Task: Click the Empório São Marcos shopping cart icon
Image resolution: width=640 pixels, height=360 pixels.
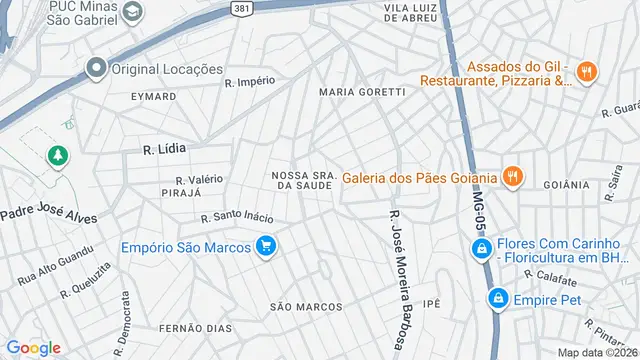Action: [265, 247]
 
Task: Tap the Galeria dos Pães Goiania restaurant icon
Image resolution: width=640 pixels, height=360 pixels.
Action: [512, 178]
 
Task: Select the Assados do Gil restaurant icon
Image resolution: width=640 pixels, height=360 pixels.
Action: [587, 72]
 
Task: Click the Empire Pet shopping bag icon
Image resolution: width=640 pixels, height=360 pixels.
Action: [497, 298]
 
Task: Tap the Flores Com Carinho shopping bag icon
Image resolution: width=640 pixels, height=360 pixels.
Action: [480, 249]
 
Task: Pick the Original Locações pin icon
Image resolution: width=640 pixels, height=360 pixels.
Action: [97, 69]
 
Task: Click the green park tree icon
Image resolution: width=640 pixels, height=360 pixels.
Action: [57, 156]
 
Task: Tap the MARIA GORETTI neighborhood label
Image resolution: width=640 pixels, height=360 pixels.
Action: [362, 92]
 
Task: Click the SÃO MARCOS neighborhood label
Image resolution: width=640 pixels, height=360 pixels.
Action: [306, 307]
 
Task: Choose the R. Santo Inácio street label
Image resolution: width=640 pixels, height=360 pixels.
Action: [237, 216]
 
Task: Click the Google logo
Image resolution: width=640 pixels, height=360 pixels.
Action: [33, 347]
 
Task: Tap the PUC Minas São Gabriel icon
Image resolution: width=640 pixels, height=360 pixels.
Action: [132, 12]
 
